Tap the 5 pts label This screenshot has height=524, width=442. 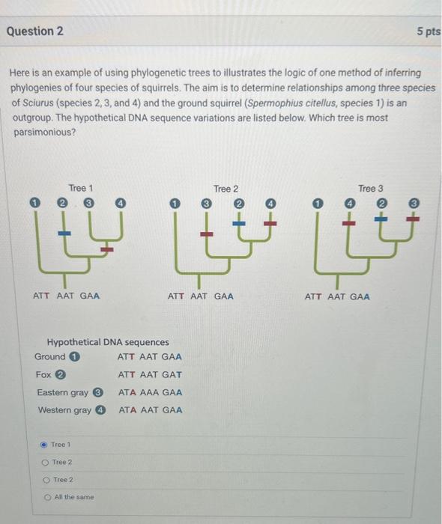click(x=428, y=32)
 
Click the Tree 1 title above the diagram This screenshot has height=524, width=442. click(x=81, y=188)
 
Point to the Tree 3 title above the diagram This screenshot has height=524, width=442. click(x=370, y=188)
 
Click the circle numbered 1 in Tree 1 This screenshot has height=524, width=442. click(x=34, y=203)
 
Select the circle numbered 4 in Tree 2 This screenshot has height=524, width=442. click(x=271, y=204)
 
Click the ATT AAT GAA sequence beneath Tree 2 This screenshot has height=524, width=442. click(x=200, y=296)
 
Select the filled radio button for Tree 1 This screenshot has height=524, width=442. click(x=43, y=445)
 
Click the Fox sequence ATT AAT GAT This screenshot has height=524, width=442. click(x=150, y=374)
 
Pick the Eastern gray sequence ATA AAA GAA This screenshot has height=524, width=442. click(x=150, y=392)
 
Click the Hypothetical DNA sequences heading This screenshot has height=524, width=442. click(x=108, y=342)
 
